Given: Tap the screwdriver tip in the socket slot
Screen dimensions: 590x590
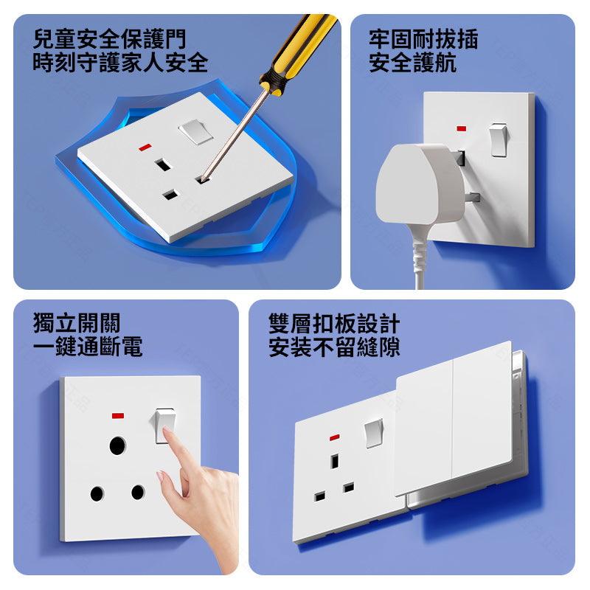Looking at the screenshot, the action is [x=204, y=180].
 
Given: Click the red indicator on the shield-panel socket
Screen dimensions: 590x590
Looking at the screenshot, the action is [x=145, y=147].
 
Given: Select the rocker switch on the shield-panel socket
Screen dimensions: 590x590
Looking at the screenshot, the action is [x=195, y=132].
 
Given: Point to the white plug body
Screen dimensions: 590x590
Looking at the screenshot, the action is [x=420, y=184].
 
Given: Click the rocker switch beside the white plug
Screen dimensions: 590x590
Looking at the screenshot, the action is [x=499, y=140].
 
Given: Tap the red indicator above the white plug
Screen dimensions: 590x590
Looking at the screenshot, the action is [x=462, y=128].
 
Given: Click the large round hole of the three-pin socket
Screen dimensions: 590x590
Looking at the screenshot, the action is [x=117, y=446].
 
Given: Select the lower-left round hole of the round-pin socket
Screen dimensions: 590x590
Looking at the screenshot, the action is [x=97, y=493].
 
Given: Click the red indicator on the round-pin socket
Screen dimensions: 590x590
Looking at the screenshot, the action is [x=118, y=416].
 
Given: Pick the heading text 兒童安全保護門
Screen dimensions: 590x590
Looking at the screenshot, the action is [x=109, y=39].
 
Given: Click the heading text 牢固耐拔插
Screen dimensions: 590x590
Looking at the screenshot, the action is [x=423, y=39].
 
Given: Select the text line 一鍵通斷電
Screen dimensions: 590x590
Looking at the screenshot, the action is [x=88, y=346].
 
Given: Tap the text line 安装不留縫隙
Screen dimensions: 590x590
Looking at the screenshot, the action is [x=334, y=347].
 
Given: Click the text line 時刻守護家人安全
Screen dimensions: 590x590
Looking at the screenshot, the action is [x=120, y=62].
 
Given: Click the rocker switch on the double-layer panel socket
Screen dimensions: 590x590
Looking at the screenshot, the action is [x=374, y=433].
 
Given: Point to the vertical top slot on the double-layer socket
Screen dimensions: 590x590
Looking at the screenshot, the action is [x=334, y=462].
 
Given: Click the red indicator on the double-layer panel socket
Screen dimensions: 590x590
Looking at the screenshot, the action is [x=335, y=437].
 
